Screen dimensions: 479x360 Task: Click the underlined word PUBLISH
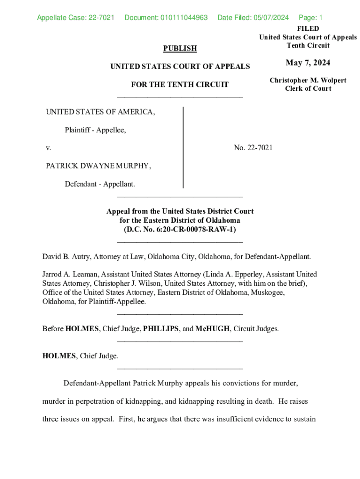[180, 48]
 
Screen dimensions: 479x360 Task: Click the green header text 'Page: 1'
[310, 18]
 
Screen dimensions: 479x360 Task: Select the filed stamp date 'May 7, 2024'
[308, 63]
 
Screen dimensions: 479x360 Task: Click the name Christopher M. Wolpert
[308, 80]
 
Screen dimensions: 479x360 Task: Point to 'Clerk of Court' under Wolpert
[308, 88]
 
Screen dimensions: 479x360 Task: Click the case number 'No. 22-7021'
[253, 148]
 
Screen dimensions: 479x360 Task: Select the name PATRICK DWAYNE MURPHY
[98, 166]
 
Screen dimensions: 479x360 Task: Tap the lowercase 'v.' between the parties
[48, 148]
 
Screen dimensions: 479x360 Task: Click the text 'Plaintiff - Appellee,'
[95, 130]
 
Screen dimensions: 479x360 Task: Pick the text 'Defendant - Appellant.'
[100, 184]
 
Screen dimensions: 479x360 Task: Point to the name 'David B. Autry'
[66, 257]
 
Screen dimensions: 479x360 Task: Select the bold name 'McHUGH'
[213, 328]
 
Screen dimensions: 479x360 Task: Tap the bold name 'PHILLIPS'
[161, 328]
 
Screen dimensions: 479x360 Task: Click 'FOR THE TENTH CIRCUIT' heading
[180, 85]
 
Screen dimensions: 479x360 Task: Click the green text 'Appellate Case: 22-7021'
[76, 18]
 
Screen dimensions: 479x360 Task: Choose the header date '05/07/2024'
[271, 18]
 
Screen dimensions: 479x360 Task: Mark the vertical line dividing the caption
[183, 147]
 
